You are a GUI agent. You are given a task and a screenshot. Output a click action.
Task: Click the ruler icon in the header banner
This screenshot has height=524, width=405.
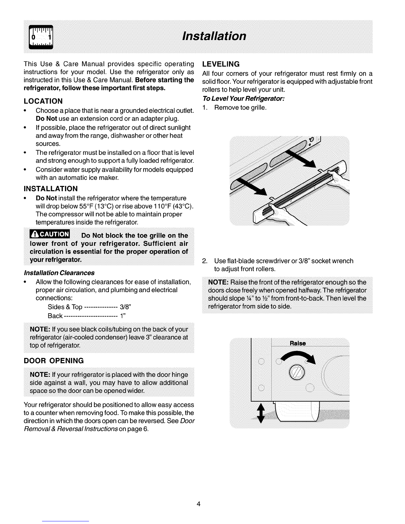(x=41, y=37)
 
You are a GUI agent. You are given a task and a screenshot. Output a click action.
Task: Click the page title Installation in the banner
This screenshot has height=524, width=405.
(x=214, y=36)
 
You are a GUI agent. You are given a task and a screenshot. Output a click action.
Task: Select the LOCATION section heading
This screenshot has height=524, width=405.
(x=43, y=101)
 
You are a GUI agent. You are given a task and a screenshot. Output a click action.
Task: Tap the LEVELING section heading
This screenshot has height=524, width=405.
(x=221, y=64)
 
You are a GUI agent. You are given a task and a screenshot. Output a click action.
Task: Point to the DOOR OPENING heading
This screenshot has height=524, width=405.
(x=54, y=361)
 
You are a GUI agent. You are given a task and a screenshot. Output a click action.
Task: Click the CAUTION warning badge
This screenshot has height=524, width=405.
(x=50, y=234)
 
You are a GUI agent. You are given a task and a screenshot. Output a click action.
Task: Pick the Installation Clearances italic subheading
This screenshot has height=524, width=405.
(x=59, y=273)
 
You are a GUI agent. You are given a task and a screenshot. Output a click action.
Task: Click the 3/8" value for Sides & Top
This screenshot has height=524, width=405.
(x=125, y=307)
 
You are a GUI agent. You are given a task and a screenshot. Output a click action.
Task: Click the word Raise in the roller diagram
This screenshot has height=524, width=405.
(x=298, y=343)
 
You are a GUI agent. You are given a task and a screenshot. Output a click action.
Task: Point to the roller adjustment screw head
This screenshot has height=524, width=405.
(x=297, y=372)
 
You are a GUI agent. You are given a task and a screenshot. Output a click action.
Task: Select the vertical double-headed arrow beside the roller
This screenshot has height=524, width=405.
(x=261, y=413)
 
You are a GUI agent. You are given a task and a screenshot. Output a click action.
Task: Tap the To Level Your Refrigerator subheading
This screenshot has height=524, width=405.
(x=244, y=99)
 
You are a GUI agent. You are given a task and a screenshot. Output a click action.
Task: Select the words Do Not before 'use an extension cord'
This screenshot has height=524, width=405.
(x=46, y=119)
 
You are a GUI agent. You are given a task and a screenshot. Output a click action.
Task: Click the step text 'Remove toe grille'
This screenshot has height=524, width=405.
(x=240, y=108)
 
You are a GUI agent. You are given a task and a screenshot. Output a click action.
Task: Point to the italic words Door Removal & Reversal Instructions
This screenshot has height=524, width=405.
(x=109, y=425)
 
